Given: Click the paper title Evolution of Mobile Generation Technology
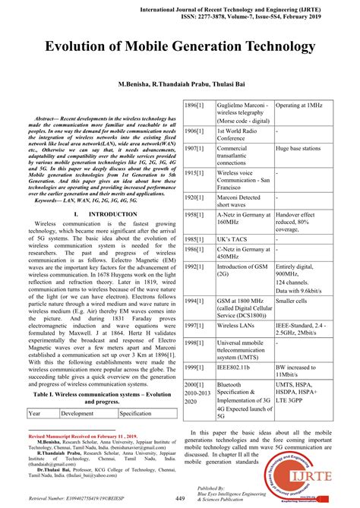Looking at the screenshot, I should (180, 46).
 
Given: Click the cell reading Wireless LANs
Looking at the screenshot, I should (238, 325).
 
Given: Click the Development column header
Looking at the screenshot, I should (77, 413).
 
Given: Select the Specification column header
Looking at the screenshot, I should (136, 413).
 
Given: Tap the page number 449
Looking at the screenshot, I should (180, 497).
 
